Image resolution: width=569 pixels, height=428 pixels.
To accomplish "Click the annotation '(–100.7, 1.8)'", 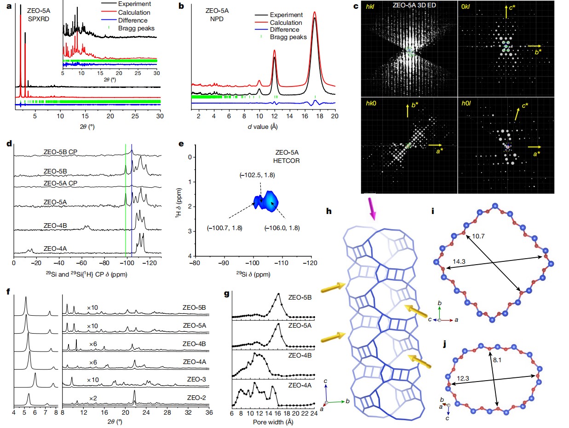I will tap(223, 227).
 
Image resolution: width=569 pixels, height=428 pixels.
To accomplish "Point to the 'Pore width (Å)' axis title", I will tap(273, 422).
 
